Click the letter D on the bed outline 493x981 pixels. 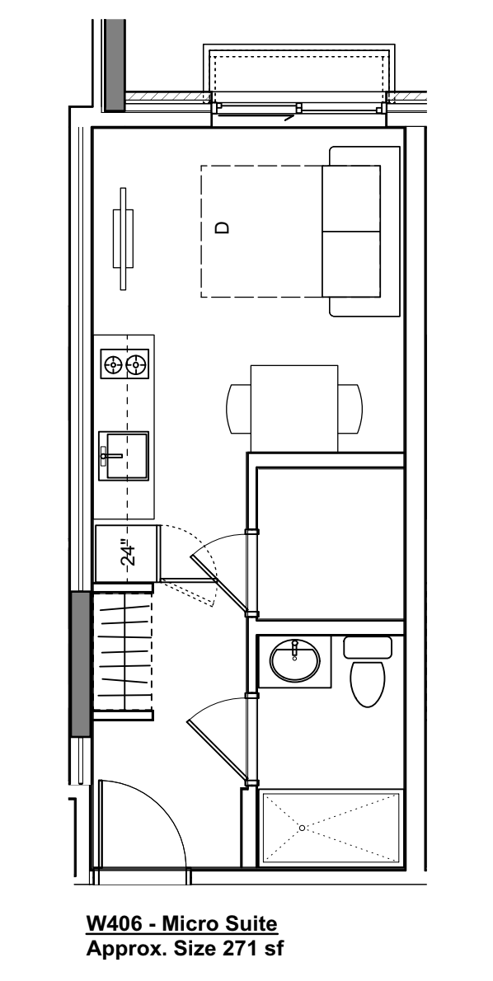point(220,228)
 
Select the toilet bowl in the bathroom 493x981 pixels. point(368,683)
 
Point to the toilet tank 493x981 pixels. point(368,646)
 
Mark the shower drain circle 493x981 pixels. point(303,827)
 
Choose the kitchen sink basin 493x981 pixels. point(123,455)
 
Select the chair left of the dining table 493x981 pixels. point(237,407)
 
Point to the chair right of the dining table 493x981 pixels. point(350,407)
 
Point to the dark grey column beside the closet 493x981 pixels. point(79,664)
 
